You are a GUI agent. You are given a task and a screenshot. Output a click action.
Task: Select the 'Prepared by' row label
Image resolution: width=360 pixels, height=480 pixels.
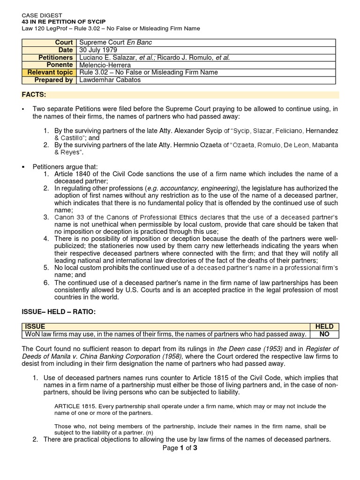click(x=55, y=80)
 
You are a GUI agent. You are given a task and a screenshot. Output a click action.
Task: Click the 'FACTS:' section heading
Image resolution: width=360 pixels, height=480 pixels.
click(x=34, y=95)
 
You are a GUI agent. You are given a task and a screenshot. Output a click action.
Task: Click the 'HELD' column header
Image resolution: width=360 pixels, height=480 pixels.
click(x=324, y=327)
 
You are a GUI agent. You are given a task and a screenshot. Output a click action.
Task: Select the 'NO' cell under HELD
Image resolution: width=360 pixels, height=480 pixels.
click(x=324, y=334)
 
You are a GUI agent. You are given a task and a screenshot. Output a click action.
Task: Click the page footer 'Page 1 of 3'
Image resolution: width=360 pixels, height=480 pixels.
click(x=180, y=448)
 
